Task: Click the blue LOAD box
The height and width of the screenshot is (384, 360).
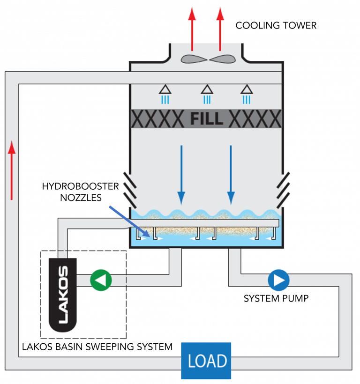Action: tap(207, 361)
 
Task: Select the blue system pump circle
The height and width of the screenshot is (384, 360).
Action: tap(278, 280)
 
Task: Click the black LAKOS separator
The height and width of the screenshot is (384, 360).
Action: tap(64, 294)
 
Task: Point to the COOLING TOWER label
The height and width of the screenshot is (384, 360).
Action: tap(276, 25)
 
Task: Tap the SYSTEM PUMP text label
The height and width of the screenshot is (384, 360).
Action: tap(276, 298)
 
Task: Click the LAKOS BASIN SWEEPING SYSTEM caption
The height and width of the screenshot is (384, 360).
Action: tap(97, 347)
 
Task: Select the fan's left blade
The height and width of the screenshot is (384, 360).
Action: tap(194, 59)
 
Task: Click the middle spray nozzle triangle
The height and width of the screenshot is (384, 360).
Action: tap(206, 89)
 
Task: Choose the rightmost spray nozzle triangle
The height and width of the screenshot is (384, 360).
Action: tap(246, 89)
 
